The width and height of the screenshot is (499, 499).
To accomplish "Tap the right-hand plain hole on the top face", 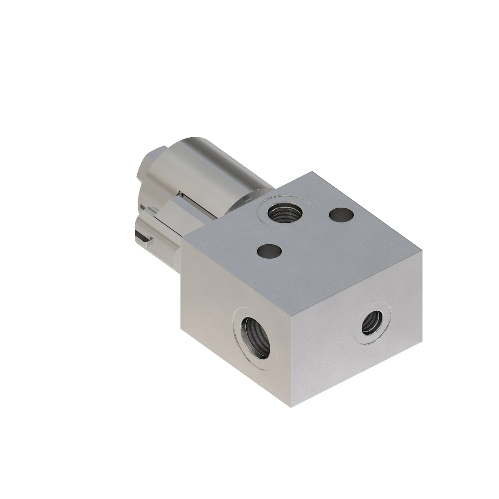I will tap(341, 214).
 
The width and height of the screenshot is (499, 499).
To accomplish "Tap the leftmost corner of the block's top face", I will tap(182, 240).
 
